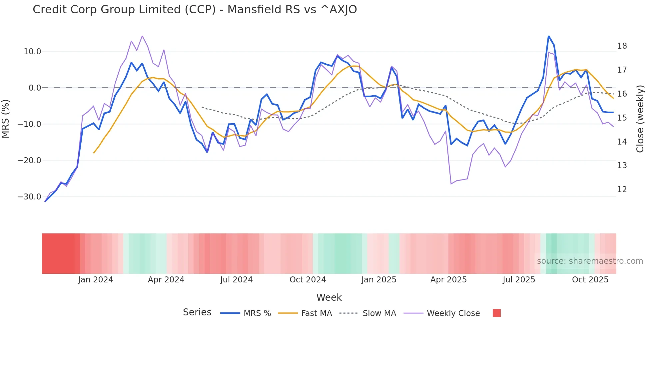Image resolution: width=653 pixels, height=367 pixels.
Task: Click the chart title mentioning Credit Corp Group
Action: pos(195,10)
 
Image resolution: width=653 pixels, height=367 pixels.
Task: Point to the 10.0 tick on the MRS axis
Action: pos(32,52)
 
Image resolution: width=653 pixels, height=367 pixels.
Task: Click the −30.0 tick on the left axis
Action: pos(29,197)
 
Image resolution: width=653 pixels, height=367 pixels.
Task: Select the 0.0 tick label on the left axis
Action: pos(35,88)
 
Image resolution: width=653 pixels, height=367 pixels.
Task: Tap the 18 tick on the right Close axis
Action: pos(622,46)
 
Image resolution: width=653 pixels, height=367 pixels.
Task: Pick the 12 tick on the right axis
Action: pos(622,189)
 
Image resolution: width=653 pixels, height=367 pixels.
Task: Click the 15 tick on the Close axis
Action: pos(622,118)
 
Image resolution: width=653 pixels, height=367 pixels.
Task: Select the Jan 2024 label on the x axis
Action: pos(95,280)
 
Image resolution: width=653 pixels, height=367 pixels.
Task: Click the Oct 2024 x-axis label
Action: pos(308,280)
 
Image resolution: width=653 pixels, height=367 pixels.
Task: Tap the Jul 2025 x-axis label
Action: pos(519,280)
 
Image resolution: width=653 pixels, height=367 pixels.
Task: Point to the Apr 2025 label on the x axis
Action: pos(448,280)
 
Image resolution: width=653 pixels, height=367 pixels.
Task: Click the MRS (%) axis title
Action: pos(6,119)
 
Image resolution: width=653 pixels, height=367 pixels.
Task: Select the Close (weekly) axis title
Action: pos(640,119)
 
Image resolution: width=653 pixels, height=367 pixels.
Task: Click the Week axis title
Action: pos(329,297)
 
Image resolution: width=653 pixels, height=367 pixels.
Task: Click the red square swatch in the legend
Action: pos(496,313)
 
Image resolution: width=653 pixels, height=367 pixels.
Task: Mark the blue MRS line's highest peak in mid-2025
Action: pos(548,36)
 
